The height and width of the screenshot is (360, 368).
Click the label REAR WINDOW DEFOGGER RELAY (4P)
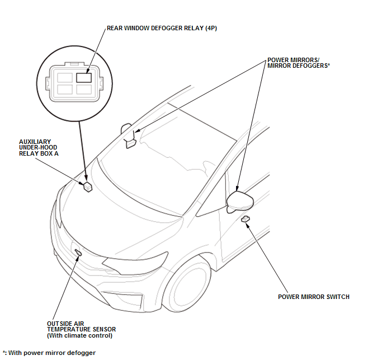pyautogui.click(x=162, y=28)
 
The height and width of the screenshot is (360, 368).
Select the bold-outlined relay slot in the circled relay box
pyautogui.click(x=84, y=77)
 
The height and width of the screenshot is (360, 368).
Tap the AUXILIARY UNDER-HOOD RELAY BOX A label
pyautogui.click(x=39, y=148)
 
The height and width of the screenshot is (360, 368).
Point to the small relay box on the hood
pyautogui.click(x=88, y=186)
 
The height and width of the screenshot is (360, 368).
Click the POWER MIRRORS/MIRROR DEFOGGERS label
pyautogui.click(x=299, y=63)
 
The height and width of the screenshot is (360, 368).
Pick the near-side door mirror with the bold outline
pyautogui.click(x=240, y=202)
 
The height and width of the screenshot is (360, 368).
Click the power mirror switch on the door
pyautogui.click(x=246, y=219)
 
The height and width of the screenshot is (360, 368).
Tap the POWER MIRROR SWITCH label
pyautogui.click(x=314, y=297)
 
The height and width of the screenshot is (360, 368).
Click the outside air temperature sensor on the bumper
pyautogui.click(x=78, y=252)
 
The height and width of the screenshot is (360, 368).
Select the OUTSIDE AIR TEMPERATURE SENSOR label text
pyautogui.click(x=81, y=326)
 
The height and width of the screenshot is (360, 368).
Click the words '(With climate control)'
pyautogui.click(x=80, y=335)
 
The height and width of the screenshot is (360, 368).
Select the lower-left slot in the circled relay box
pyautogui.click(x=65, y=89)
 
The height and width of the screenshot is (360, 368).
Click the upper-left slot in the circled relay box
pyautogui.click(x=65, y=77)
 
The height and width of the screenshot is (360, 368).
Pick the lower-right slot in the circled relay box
pyautogui.click(x=84, y=89)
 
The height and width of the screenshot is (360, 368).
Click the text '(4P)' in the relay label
pyautogui.click(x=211, y=28)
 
